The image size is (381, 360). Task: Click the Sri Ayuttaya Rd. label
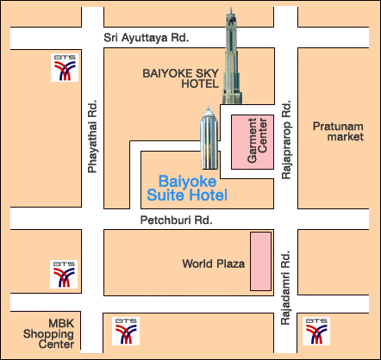click(146, 39)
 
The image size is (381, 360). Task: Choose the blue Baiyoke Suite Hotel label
click(193, 189)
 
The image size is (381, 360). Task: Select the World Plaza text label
click(214, 263)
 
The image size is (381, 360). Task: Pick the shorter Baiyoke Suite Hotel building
click(209, 140)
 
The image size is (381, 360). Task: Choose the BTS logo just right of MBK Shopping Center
click(125, 329)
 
